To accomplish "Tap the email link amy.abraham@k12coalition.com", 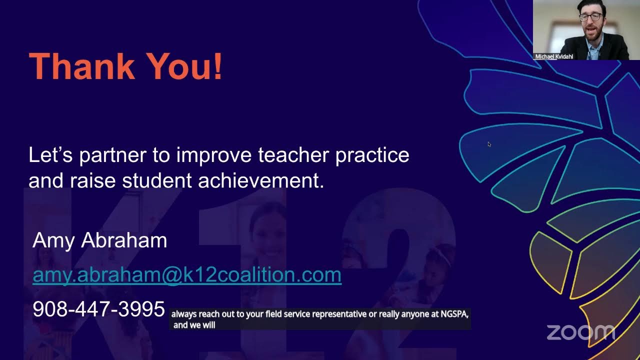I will [x=186, y=275].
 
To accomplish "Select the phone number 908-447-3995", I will [x=98, y=309].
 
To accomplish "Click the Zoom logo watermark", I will [x=580, y=332].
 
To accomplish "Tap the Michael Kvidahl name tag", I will [x=553, y=57].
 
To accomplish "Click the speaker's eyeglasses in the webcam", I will [x=590, y=16].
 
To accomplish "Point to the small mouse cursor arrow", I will [x=489, y=144].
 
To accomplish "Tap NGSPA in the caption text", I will [x=453, y=314].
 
